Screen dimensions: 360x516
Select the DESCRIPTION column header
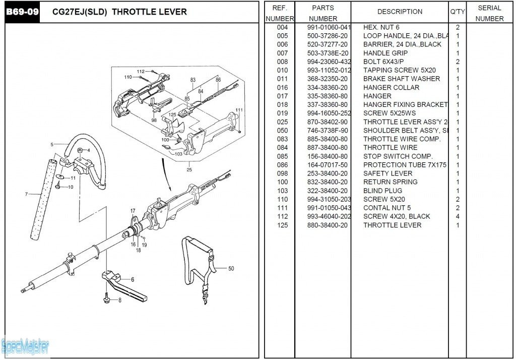[x=400, y=12]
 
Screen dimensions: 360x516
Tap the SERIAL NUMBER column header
[x=489, y=13]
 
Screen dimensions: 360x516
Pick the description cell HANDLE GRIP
[x=385, y=53]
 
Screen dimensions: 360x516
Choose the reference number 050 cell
[x=282, y=131]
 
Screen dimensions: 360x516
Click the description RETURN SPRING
[x=390, y=182]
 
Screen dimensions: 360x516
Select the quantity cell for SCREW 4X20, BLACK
[x=458, y=216]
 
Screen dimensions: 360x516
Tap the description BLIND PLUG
[x=382, y=191]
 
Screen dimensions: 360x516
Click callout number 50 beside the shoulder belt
[x=231, y=269]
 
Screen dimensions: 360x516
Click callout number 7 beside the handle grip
[x=26, y=194]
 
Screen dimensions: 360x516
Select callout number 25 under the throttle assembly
[x=189, y=169]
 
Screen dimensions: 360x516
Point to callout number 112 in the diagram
[x=141, y=72]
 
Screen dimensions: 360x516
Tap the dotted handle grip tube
[x=42, y=199]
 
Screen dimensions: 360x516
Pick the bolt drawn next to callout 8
[x=107, y=298]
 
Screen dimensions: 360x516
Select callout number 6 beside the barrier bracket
[x=133, y=279]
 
